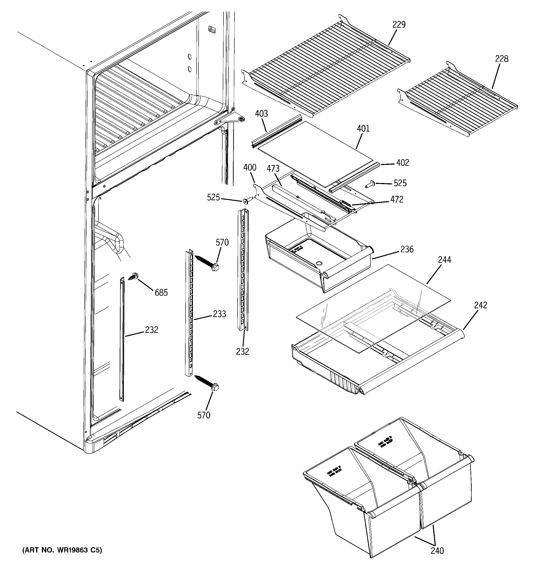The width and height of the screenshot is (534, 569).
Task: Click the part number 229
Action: pos(399,25)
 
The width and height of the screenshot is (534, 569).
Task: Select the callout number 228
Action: pos(502,59)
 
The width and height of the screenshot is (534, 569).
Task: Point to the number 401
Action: pos(363,129)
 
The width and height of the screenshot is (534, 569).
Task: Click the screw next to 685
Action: pos(133,276)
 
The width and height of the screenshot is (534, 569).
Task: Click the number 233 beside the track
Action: pos(219,314)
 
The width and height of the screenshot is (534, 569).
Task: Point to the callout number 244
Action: pos(444,260)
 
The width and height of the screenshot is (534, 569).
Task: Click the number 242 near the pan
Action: pos(480,305)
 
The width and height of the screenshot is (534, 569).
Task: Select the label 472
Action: pos(397,200)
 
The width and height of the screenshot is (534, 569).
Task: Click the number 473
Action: pos(273,169)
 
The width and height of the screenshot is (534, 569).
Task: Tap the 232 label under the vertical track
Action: pos(243,352)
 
